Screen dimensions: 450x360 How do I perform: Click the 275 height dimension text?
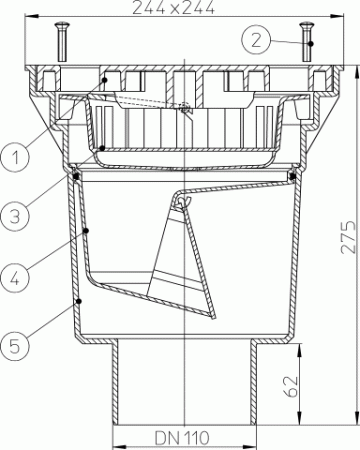(343, 238)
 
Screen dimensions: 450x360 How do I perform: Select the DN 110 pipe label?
(179, 437)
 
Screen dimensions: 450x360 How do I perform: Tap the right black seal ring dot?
(292, 176)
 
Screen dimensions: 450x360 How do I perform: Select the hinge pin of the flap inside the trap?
(180, 204)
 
